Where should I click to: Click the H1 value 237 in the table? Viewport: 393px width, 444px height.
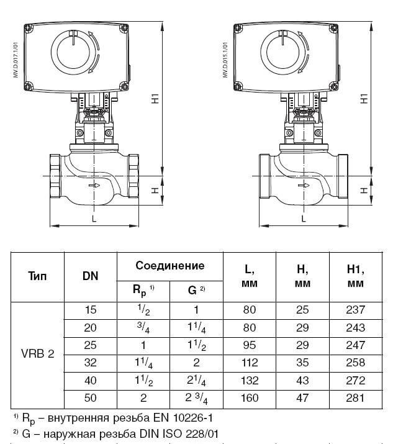pyautogui.click(x=355, y=309)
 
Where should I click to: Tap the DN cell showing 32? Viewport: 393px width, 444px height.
pyautogui.click(x=90, y=363)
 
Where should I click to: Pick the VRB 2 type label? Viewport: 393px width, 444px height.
pyautogui.click(x=37, y=354)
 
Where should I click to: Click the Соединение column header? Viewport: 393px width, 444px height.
pyautogui.click(x=170, y=266)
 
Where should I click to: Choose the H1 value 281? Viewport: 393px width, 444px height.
pyautogui.click(x=355, y=398)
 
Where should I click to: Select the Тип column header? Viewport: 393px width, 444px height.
pyautogui.click(x=37, y=276)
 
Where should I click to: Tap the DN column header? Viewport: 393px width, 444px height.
pyautogui.click(x=90, y=276)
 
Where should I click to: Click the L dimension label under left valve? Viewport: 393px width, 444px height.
pyautogui.click(x=94, y=219)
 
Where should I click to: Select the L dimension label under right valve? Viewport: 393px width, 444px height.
pyautogui.click(x=303, y=219)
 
